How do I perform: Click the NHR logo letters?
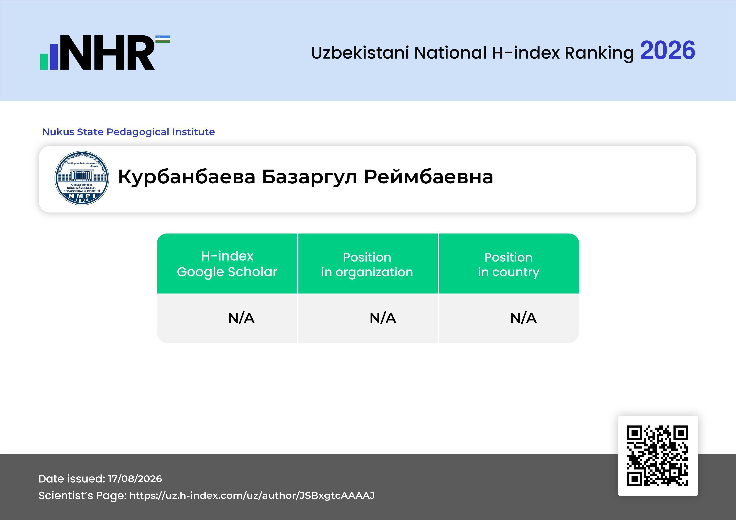pyautogui.click(x=110, y=53)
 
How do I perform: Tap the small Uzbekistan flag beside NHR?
pyautogui.click(x=163, y=39)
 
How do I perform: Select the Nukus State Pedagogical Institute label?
pyautogui.click(x=129, y=132)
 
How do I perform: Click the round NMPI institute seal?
pyautogui.click(x=82, y=178)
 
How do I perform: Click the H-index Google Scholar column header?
pyautogui.click(x=227, y=264)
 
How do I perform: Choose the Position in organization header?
pyautogui.click(x=367, y=265)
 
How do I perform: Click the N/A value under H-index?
pyautogui.click(x=241, y=318)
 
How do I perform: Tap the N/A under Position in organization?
pyautogui.click(x=383, y=318)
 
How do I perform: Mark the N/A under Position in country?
pyautogui.click(x=523, y=318)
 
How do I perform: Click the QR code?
pyautogui.click(x=658, y=456)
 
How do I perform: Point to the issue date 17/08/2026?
pyautogui.click(x=135, y=479)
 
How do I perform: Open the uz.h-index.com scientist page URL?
pyautogui.click(x=252, y=495)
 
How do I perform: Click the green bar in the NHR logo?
pyautogui.click(x=44, y=61)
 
